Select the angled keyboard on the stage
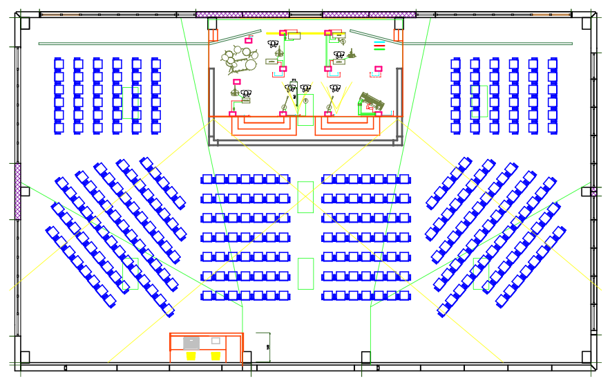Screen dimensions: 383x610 pyautogui.click(x=372, y=101)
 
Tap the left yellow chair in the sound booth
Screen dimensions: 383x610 pyautogui.click(x=191, y=356)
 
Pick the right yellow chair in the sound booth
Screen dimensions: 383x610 pyautogui.click(x=216, y=356)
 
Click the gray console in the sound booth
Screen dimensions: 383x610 pyautogui.click(x=191, y=342)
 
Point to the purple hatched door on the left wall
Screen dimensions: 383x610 pyautogui.click(x=18, y=192)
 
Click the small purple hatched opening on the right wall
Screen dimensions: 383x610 pyautogui.click(x=593, y=192)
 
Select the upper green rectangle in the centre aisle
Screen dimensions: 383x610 pyautogui.click(x=305, y=197)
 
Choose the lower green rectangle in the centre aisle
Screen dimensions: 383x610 pyautogui.click(x=305, y=273)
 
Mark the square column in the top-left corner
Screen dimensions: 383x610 pyautogui.click(x=25, y=24)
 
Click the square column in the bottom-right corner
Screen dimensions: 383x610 pyautogui.click(x=587, y=357)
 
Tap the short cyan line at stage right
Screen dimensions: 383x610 pyautogui.click(x=379, y=43)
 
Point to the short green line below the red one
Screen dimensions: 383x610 pyautogui.click(x=379, y=50)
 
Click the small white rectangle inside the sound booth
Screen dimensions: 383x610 pyautogui.click(x=216, y=341)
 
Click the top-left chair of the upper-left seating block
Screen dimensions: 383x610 pyautogui.click(x=59, y=64)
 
